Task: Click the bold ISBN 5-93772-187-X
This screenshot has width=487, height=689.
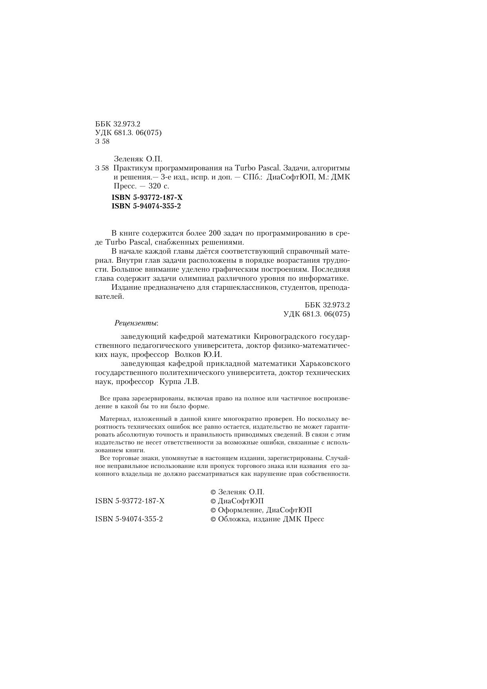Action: point(147,198)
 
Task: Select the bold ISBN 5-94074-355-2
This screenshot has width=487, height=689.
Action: point(146,207)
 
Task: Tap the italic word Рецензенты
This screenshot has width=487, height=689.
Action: point(136,323)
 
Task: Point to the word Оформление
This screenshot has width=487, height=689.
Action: point(240,510)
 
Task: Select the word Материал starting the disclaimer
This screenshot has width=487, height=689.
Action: point(114,419)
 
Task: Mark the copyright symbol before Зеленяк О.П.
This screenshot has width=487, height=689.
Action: point(213,492)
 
